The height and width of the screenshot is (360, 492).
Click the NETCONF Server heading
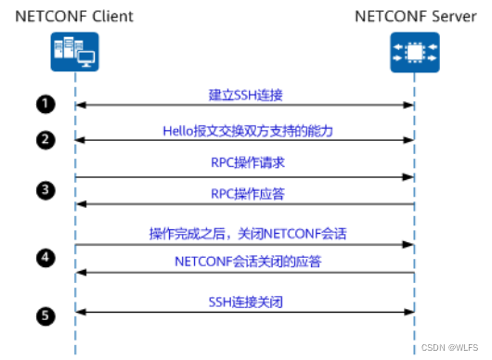pyautogui.click(x=414, y=16)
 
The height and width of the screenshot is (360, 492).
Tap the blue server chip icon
pyautogui.click(x=414, y=52)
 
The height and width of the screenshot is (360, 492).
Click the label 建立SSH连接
pyautogui.click(x=244, y=95)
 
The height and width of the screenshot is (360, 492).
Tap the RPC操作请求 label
pyautogui.click(x=244, y=164)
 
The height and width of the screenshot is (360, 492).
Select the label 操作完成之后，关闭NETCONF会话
pyautogui.click(x=244, y=234)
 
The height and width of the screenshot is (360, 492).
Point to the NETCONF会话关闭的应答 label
pyautogui.click(x=244, y=262)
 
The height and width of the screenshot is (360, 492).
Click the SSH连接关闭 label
pyautogui.click(x=244, y=302)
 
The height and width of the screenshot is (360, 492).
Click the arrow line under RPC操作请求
pyautogui.click(x=244, y=176)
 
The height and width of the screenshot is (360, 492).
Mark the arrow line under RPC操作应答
pyautogui.click(x=244, y=204)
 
